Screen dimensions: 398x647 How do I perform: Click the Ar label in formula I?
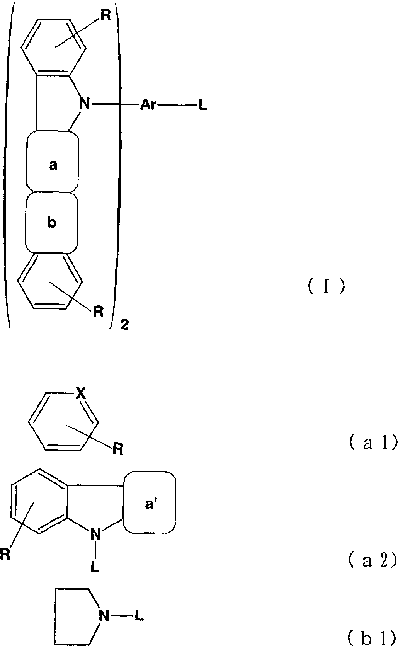(148, 105)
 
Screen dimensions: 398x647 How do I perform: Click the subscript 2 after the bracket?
(124, 325)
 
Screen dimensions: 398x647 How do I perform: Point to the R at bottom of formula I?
(99, 312)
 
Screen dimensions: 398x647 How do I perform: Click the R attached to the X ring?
(118, 449)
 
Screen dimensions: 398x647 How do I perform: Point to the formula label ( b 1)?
(373, 637)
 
